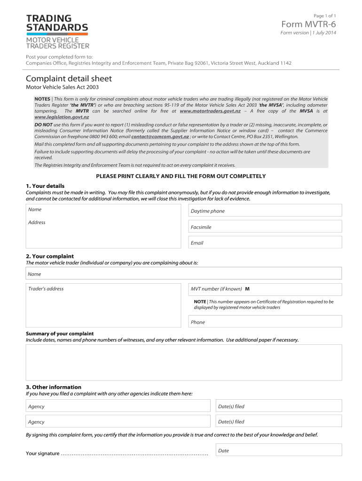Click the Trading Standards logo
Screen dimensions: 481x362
pyautogui.click(x=57, y=31)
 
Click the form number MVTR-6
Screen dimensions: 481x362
pyautogui.click(x=308, y=24)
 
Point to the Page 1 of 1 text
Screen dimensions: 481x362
pyautogui.click(x=324, y=16)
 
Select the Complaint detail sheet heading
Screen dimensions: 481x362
pyautogui.click(x=69, y=78)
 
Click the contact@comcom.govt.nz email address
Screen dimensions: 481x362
pyautogui.click(x=160, y=136)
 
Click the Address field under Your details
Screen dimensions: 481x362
pyautogui.click(x=103, y=233)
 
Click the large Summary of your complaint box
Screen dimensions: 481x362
pyautogui.click(x=184, y=362)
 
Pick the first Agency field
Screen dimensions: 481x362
pyautogui.click(x=118, y=406)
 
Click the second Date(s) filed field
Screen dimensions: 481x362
pyautogui.click(x=278, y=421)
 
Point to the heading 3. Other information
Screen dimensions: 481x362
pyautogui.click(x=54, y=387)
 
